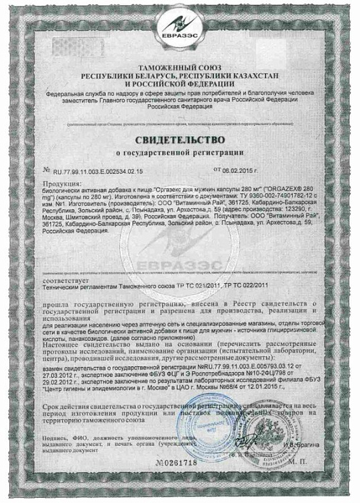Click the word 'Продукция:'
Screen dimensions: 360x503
coord(60,183)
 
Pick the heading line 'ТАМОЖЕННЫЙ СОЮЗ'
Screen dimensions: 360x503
coord(180,69)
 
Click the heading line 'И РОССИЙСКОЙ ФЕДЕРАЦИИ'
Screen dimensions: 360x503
coord(180,85)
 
